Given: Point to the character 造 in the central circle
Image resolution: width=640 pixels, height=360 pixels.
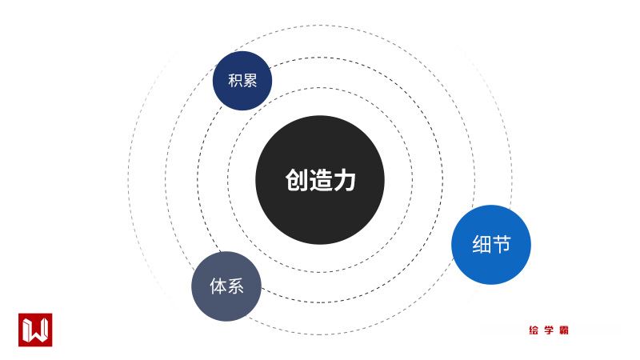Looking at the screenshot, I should pyautogui.click(x=320, y=181).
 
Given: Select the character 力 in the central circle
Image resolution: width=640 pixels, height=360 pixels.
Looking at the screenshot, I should pyautogui.click(x=344, y=181).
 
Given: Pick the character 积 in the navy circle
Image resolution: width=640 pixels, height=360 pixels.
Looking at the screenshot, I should pyautogui.click(x=234, y=81).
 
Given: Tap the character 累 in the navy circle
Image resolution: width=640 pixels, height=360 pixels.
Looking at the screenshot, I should pyautogui.click(x=250, y=81).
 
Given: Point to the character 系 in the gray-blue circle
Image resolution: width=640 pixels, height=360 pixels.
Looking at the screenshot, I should pyautogui.click(x=235, y=286).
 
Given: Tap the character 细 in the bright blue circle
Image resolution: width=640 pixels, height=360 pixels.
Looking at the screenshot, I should pyautogui.click(x=482, y=245).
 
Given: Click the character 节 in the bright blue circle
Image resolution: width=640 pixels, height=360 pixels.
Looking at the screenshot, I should pyautogui.click(x=502, y=245).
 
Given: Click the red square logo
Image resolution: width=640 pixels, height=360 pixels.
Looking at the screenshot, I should pyautogui.click(x=35, y=330).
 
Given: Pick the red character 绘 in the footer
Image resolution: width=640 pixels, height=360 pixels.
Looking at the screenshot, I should pyautogui.click(x=534, y=330).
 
